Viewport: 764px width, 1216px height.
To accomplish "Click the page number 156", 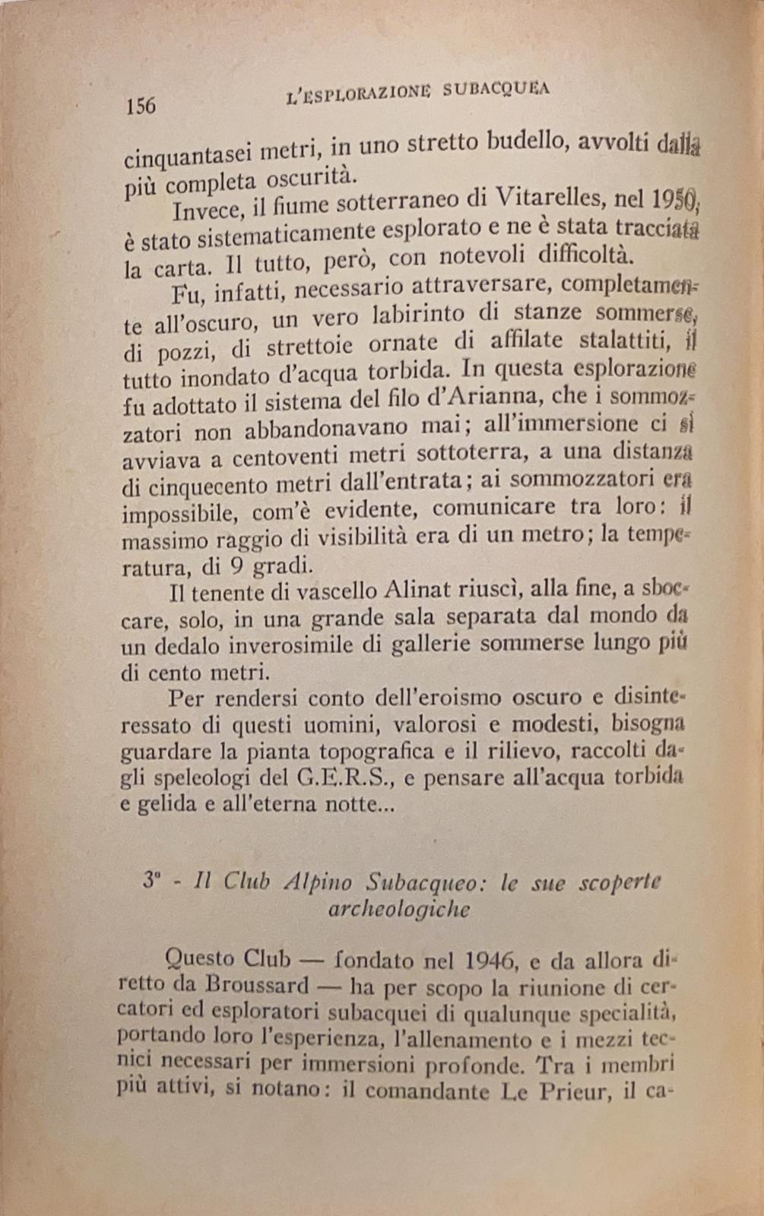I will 140,104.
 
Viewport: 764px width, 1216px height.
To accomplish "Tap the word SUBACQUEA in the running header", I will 496,90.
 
